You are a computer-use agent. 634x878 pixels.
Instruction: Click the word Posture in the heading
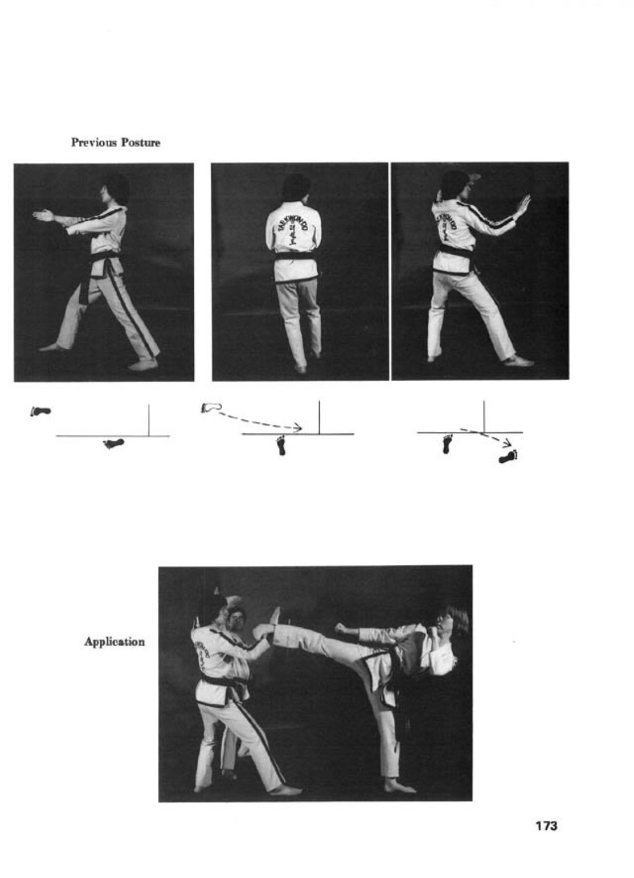click(141, 142)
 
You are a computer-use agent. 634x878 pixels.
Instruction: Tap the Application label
click(114, 642)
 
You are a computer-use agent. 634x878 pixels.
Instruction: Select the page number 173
click(546, 826)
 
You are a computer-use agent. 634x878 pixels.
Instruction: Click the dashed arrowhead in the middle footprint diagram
click(297, 427)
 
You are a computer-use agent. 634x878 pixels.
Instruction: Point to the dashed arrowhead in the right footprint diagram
click(508, 444)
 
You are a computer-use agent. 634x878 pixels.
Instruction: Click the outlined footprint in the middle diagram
click(211, 408)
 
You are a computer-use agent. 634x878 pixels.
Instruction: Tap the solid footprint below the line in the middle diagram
click(281, 445)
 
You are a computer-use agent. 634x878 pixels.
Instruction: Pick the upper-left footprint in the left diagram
click(41, 411)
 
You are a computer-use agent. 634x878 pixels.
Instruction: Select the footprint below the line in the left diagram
click(113, 444)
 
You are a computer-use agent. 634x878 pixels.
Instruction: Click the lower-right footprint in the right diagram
click(508, 457)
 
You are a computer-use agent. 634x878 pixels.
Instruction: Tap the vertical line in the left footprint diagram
click(149, 420)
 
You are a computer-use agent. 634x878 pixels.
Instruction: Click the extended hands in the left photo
click(44, 216)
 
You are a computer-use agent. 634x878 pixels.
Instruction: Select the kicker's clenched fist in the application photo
click(341, 627)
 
